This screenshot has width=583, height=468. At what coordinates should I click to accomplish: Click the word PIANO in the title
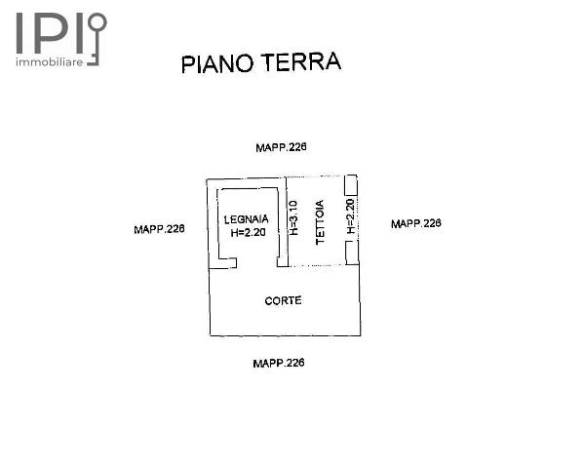217,64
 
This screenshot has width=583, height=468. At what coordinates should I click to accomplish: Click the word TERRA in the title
301,61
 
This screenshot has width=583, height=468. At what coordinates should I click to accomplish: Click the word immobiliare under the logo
49,62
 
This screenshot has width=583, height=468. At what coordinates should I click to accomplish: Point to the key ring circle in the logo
97,22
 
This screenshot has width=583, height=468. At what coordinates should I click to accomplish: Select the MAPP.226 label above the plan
281,147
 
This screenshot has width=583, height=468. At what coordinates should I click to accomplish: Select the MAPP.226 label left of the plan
159,229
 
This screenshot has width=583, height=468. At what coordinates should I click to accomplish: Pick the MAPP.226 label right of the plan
416,223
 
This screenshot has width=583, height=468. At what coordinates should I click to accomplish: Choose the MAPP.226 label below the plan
279,363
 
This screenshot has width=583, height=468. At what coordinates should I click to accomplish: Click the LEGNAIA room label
246,219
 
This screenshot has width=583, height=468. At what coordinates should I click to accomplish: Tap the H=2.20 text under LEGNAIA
248,233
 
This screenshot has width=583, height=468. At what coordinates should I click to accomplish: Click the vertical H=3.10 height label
293,217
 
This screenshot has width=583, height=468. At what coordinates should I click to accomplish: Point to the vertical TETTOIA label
320,222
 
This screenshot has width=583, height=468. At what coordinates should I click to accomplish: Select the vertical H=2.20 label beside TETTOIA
351,216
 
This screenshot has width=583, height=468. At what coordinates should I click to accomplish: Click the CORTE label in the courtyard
283,300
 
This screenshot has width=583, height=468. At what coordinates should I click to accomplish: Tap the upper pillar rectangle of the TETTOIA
351,185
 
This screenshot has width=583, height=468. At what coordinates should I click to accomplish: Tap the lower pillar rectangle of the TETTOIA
352,253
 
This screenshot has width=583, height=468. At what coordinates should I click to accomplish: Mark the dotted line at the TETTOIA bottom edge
317,266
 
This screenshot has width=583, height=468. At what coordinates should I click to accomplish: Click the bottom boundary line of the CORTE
286,335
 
